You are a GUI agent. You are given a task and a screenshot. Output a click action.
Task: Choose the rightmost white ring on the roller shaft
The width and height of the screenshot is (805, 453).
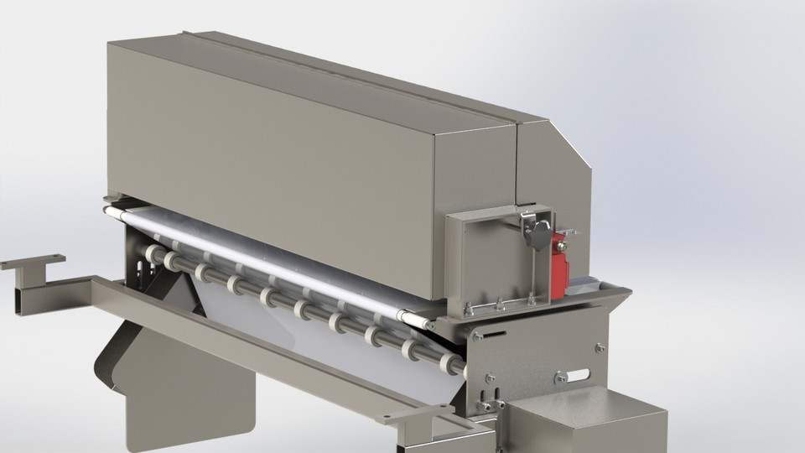pos(453,366)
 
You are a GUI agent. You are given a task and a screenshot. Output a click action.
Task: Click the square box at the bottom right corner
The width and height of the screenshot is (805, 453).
pos(587,424)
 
